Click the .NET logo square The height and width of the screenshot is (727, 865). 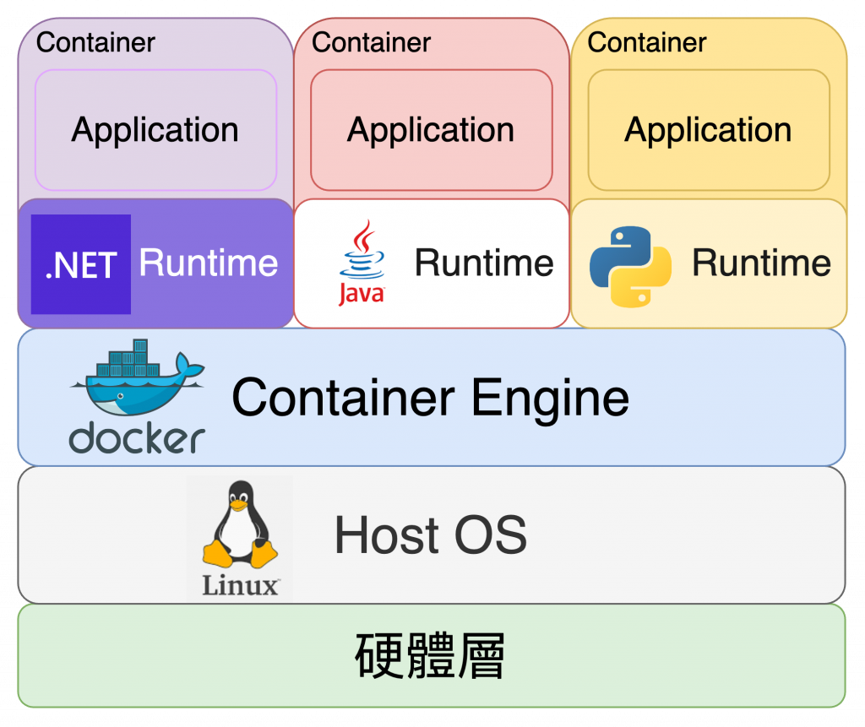point(81,264)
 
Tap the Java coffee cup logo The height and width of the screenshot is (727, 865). point(362,262)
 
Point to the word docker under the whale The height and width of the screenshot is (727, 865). point(137,438)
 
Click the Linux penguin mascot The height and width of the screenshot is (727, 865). point(240,525)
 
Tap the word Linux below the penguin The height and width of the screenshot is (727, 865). point(241,584)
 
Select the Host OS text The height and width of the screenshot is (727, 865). point(430,535)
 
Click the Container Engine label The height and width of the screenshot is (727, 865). point(430,397)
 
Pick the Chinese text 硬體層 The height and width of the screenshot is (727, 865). point(430,657)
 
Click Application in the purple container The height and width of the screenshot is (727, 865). point(155,130)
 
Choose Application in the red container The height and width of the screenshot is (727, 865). point(431,130)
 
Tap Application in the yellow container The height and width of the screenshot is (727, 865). point(708,130)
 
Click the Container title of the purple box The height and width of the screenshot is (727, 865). point(95,42)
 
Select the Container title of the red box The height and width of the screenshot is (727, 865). point(371,42)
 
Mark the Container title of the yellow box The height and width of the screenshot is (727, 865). point(647,42)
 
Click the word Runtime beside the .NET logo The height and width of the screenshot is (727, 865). point(209,263)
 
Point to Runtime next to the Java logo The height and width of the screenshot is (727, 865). point(484,263)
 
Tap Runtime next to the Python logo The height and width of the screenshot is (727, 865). point(761,263)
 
